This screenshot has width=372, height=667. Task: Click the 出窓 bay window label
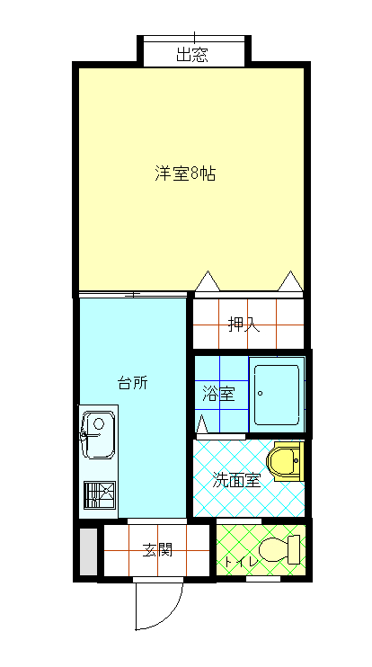tap(192, 55)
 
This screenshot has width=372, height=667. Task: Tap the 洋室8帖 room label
tap(185, 174)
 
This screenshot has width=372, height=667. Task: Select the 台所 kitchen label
tap(133, 383)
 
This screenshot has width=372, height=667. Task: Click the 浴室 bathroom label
tap(218, 395)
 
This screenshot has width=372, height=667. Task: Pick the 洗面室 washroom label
tap(236, 481)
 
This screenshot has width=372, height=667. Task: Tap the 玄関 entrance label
tap(157, 550)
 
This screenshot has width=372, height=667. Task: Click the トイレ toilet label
tap(241, 562)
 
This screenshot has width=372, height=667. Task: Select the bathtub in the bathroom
tap(277, 395)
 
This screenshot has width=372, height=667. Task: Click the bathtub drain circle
tap(261, 394)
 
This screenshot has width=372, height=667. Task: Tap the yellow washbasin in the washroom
tap(285, 461)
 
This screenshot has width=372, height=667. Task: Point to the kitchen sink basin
tap(99, 435)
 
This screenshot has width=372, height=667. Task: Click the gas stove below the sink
tap(100, 494)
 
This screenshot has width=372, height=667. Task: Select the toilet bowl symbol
tap(273, 550)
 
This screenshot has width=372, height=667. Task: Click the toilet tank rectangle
tap(294, 550)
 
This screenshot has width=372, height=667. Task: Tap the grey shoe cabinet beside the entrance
tap(88, 552)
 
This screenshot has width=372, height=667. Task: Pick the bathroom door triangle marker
tap(202, 424)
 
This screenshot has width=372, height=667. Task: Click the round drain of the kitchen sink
tap(99, 423)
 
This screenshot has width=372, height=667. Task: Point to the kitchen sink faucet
tap(88, 435)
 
